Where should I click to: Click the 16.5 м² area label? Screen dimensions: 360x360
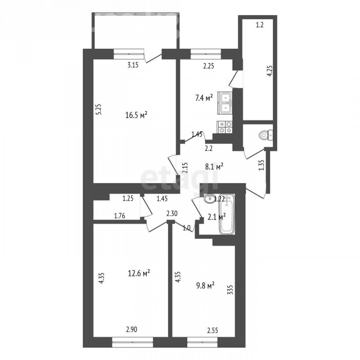point(136,115)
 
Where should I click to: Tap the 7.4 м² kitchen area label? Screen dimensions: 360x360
point(204,98)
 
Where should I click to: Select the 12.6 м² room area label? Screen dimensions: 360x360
point(139,273)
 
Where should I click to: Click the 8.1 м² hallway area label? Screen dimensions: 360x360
point(214,166)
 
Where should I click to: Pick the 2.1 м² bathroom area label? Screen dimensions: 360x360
point(216,217)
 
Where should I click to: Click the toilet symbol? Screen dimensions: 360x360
point(266,135)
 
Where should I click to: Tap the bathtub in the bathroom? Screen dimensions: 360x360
point(227,214)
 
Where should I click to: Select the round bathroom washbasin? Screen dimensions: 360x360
point(210,198)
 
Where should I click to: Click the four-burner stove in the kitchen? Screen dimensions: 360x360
point(225,127)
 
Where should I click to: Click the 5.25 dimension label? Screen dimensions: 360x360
point(99,110)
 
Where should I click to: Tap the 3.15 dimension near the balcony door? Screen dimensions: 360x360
point(133,65)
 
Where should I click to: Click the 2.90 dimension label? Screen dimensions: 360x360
point(132,330)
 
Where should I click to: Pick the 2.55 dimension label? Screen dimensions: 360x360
point(212,330)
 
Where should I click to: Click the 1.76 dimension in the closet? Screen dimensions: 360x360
point(120,216)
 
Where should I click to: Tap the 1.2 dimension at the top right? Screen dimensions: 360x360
point(260,25)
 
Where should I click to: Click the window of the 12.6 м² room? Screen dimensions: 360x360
point(132,342)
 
